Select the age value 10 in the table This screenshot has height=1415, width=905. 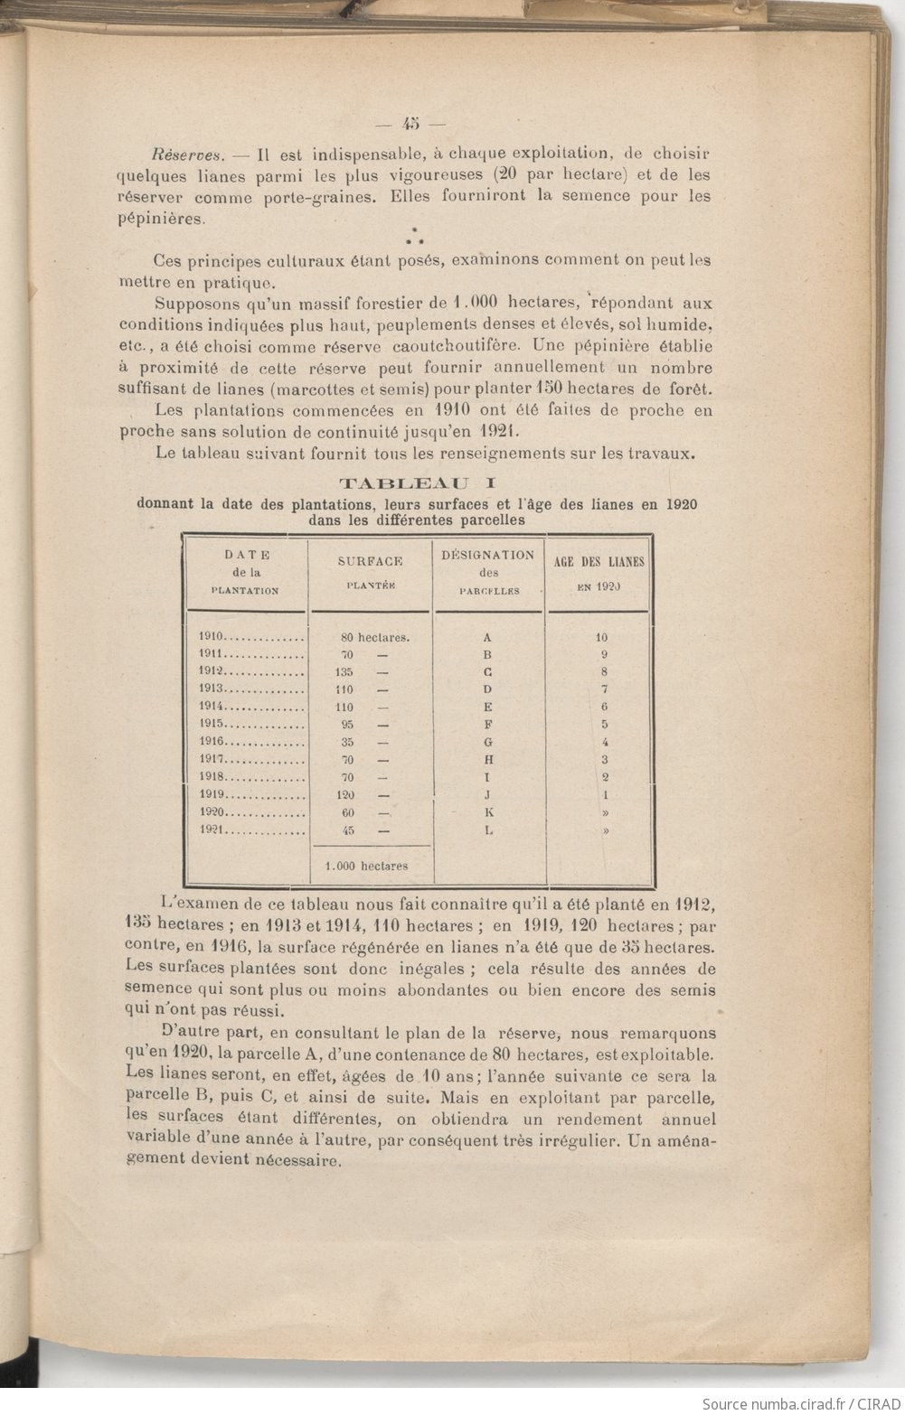602,637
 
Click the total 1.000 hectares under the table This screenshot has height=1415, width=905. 365,866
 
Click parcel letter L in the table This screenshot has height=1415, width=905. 489,830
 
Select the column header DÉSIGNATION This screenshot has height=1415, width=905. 488,555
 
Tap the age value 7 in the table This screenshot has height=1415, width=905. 604,690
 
